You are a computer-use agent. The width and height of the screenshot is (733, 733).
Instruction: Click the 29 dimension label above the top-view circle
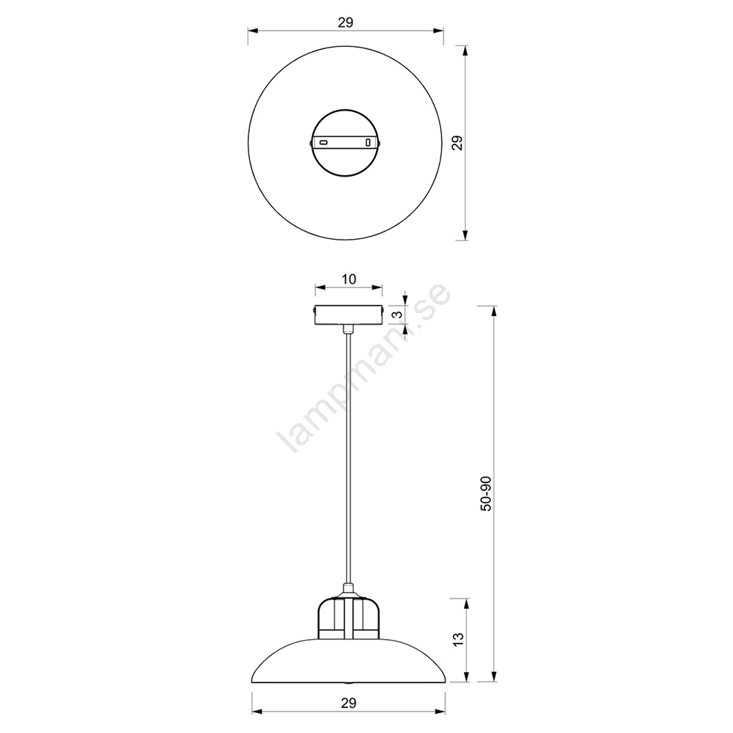click(x=345, y=22)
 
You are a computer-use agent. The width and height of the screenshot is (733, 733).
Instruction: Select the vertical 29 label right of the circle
click(x=458, y=143)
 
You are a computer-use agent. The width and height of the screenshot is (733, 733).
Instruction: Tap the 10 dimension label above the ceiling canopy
click(x=349, y=279)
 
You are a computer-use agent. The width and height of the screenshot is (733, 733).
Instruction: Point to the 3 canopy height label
click(x=399, y=314)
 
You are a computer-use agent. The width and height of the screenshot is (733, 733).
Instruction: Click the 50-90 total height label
click(x=486, y=493)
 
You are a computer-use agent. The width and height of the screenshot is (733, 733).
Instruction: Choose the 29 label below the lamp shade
click(x=348, y=702)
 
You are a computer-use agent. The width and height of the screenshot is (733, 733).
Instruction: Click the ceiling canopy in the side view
click(x=349, y=315)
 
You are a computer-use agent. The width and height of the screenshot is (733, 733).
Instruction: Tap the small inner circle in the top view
click(x=345, y=143)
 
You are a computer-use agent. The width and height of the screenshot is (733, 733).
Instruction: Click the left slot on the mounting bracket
click(x=323, y=141)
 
